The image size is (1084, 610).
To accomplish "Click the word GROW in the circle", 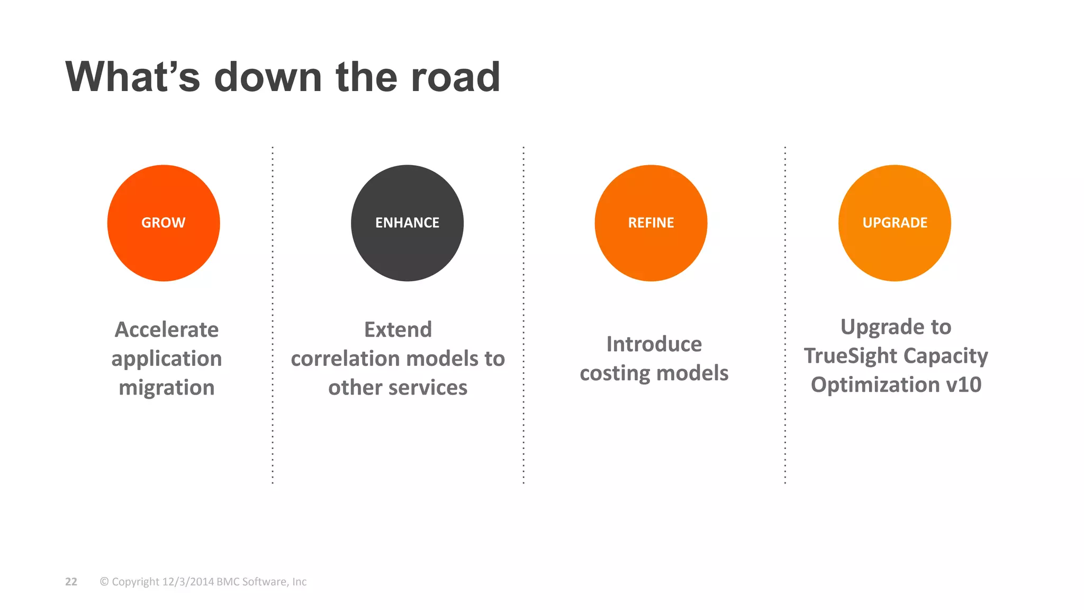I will [x=163, y=223].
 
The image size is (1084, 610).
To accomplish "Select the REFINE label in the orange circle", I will [x=651, y=223].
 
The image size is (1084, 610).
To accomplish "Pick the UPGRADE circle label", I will [x=895, y=223].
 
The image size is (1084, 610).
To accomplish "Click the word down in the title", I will [x=268, y=77].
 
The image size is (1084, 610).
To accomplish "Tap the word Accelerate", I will [x=167, y=330].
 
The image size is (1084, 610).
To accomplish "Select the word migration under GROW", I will [x=167, y=388].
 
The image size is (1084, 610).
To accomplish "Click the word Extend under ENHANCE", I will [x=398, y=330].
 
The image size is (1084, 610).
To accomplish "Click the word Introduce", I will [x=654, y=344].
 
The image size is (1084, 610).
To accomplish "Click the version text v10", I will [x=963, y=385].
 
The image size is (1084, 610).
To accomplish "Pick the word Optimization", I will [x=875, y=385].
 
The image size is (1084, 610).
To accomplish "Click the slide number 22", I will [x=71, y=582].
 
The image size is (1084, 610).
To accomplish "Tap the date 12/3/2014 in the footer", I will [x=188, y=582].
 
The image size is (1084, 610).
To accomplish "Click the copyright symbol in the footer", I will [x=104, y=582].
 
